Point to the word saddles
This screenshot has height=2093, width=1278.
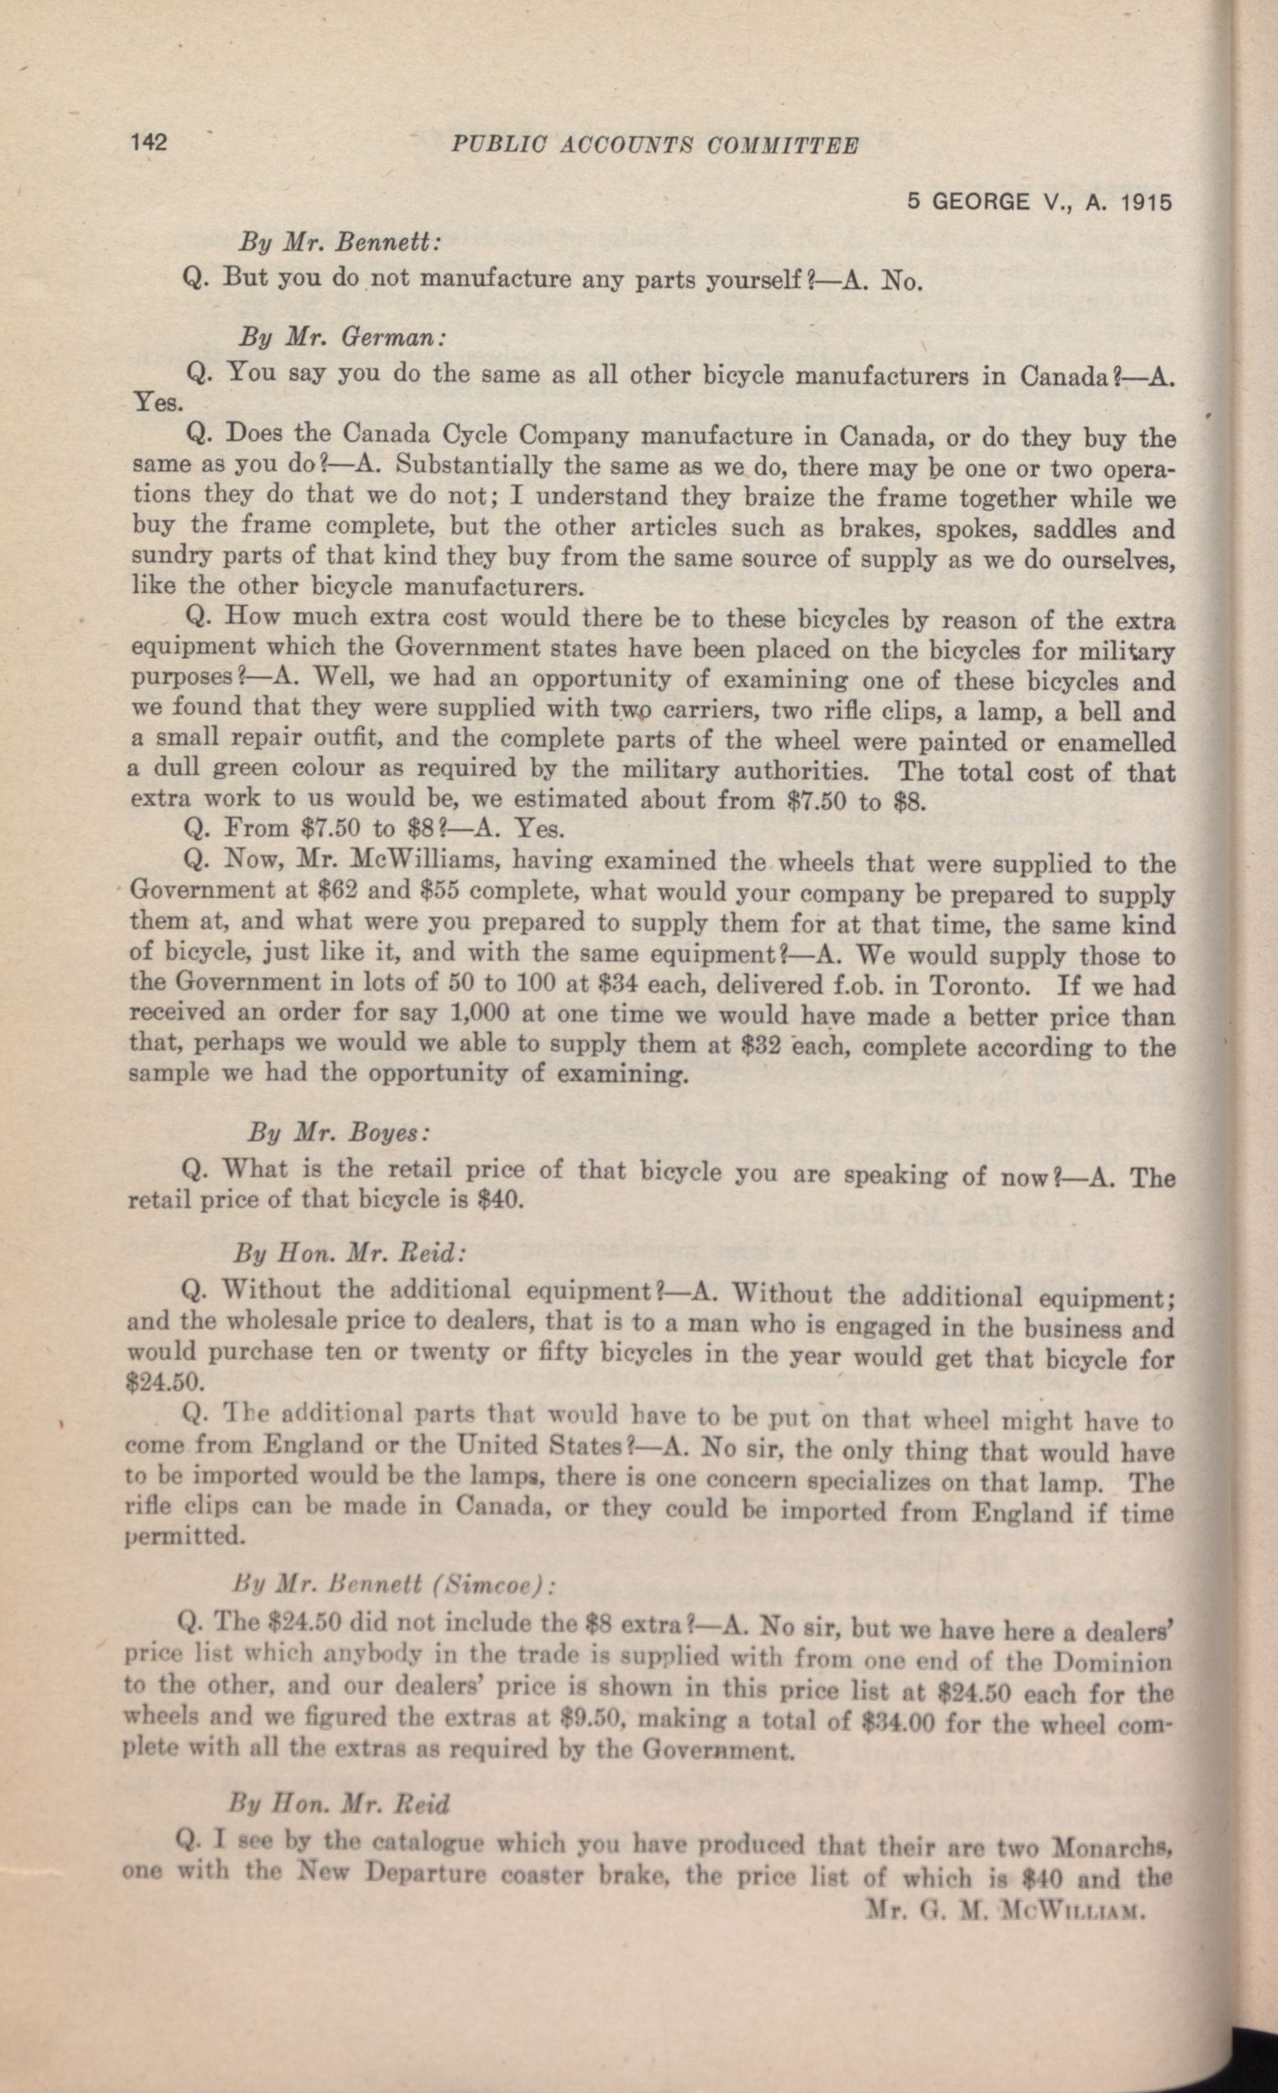[1075, 529]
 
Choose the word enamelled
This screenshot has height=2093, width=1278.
[1116, 742]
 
